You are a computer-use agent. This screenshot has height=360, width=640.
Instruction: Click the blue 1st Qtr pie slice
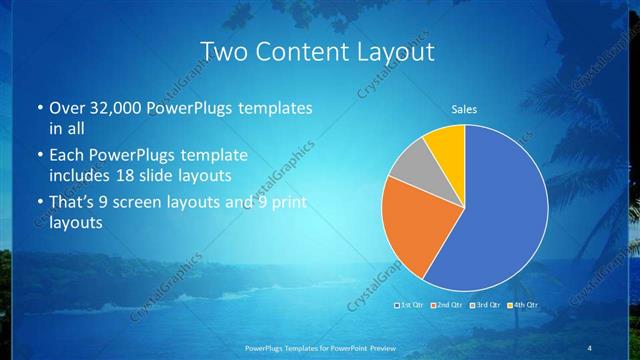point(500,210)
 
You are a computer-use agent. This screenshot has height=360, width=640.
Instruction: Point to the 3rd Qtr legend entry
point(486,304)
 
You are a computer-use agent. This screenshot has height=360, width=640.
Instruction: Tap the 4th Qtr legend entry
point(524,304)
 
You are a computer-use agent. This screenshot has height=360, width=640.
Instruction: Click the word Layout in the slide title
point(401,52)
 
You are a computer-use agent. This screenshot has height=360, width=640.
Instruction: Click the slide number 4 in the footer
point(591,347)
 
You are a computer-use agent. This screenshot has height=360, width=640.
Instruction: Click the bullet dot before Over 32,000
point(38,108)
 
